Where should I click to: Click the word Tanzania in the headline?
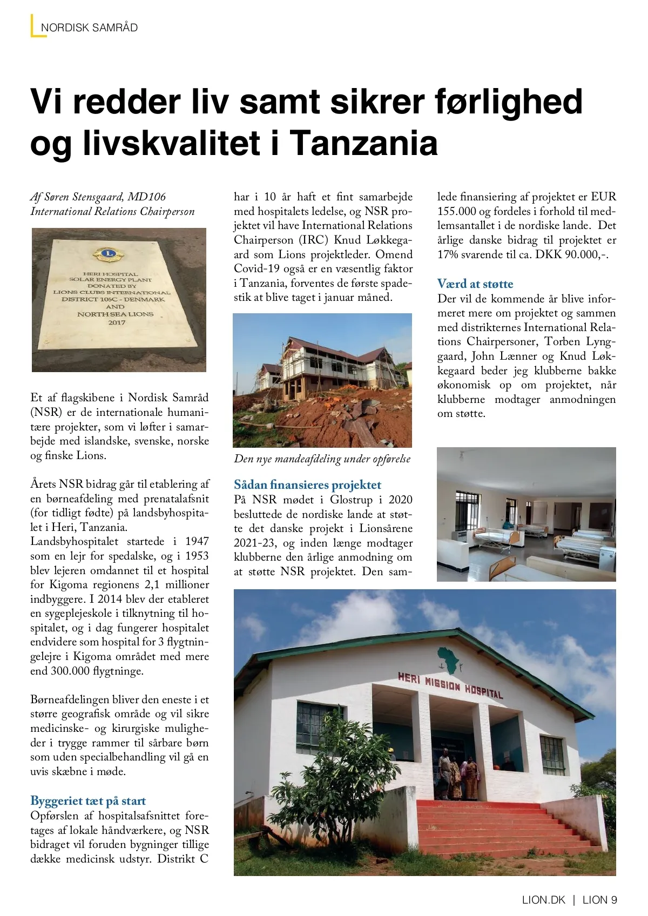pyautogui.click(x=364, y=143)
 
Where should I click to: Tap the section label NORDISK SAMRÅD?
pyautogui.click(x=89, y=28)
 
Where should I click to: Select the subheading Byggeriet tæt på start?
pyautogui.click(x=88, y=800)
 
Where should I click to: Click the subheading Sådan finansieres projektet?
pyautogui.click(x=307, y=484)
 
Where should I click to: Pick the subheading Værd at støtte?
pyautogui.click(x=475, y=284)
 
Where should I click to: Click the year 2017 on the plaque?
pyautogui.click(x=117, y=322)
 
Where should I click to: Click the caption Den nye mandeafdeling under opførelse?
pyautogui.click(x=322, y=459)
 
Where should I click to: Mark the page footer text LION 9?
pyautogui.click(x=600, y=900)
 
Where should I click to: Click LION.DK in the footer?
pyautogui.click(x=543, y=900)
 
